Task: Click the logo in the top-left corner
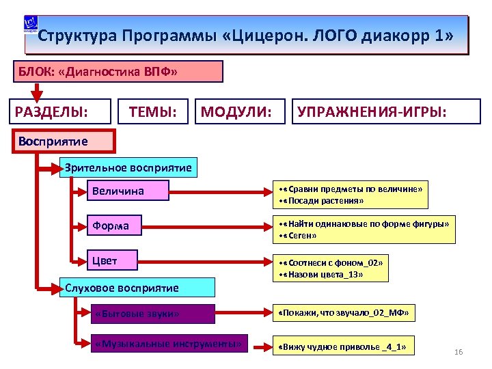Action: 31,25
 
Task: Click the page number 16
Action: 459,352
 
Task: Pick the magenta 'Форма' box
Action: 113,225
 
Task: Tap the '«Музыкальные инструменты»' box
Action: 169,344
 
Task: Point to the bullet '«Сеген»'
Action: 301,236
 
